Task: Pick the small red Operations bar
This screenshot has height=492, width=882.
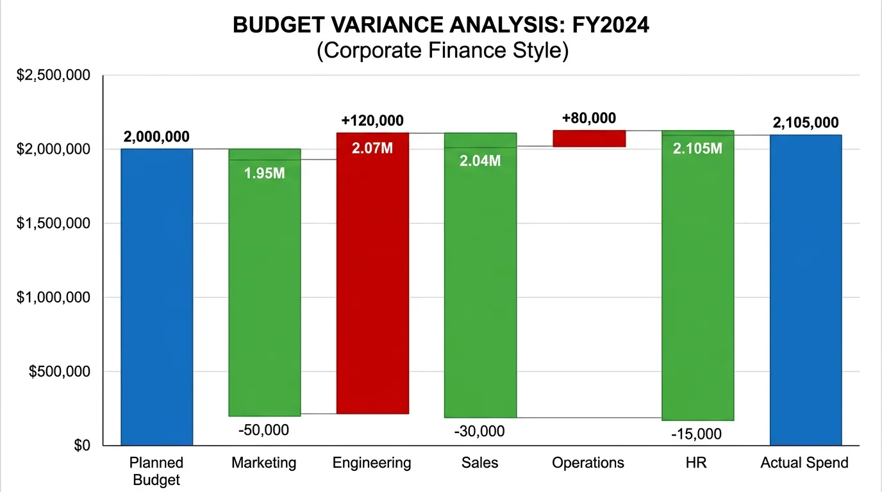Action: [x=589, y=138]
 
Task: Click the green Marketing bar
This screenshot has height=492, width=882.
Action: [x=265, y=288]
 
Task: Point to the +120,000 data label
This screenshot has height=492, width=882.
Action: [x=372, y=120]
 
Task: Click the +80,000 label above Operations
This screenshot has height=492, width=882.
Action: [x=588, y=118]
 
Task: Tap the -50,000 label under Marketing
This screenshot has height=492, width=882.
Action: [x=263, y=430]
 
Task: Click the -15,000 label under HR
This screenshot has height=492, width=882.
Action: [x=696, y=434]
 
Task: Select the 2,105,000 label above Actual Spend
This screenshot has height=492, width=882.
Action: [x=806, y=123]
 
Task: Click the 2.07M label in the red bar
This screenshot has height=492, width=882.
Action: [x=372, y=149]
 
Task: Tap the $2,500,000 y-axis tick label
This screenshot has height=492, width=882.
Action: [x=53, y=76]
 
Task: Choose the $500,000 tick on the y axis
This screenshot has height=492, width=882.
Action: [x=58, y=372]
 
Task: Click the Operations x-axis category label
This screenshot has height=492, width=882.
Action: [x=588, y=463]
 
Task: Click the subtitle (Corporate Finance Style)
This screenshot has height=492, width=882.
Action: [x=442, y=51]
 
